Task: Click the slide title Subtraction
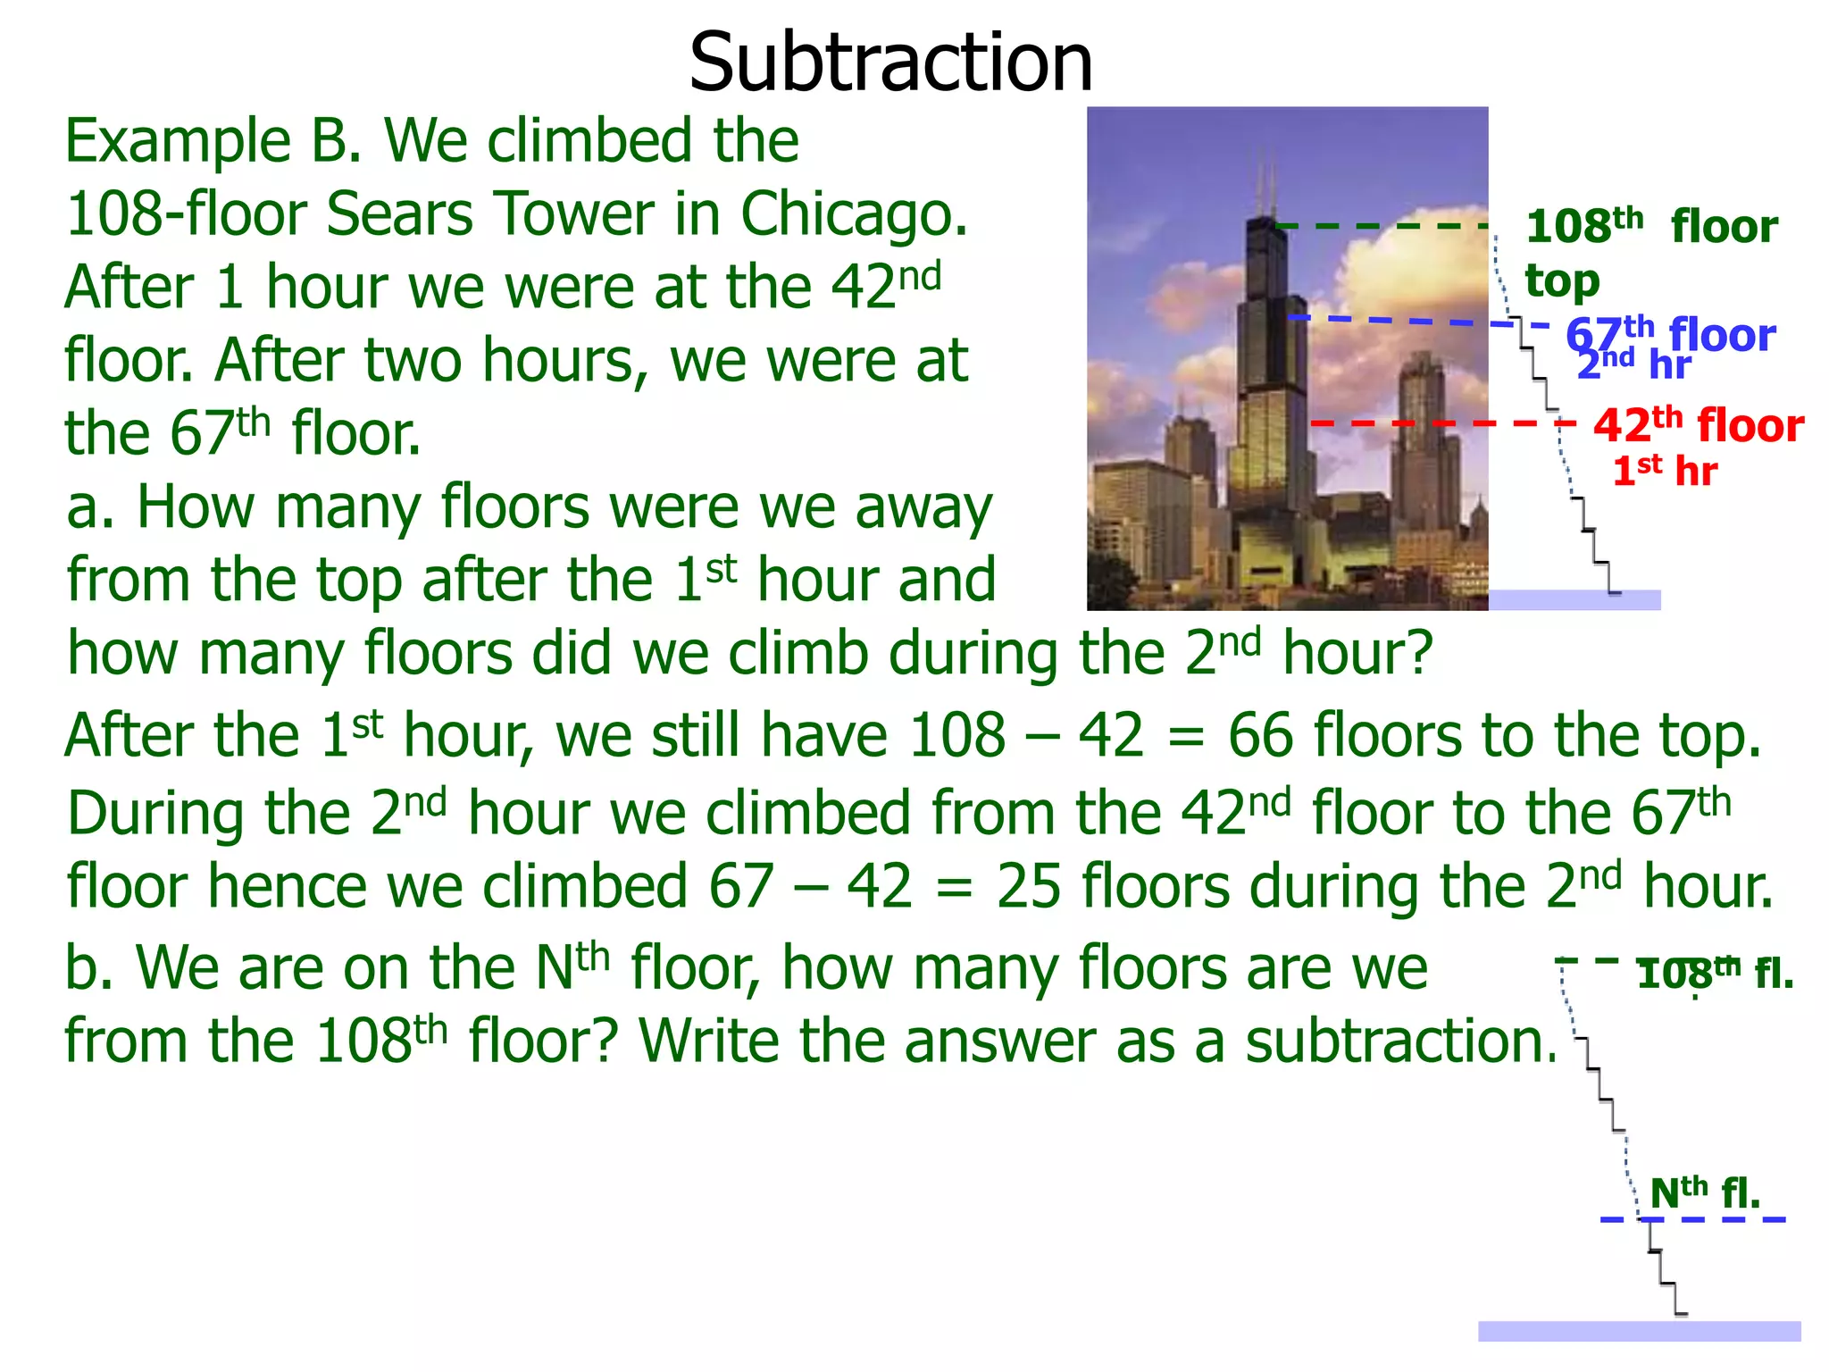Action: point(890,63)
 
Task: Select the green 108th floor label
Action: point(1650,226)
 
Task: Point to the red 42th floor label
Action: point(1698,424)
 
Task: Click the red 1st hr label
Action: point(1664,471)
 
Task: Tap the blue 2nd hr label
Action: point(1633,365)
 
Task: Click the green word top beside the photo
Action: point(1561,281)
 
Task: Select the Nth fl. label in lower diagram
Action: point(1704,1192)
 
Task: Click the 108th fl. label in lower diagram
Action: point(1715,973)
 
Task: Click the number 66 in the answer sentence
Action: point(1259,736)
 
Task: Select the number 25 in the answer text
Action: point(1028,887)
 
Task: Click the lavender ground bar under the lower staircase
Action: point(1639,1331)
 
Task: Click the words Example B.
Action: point(213,141)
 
